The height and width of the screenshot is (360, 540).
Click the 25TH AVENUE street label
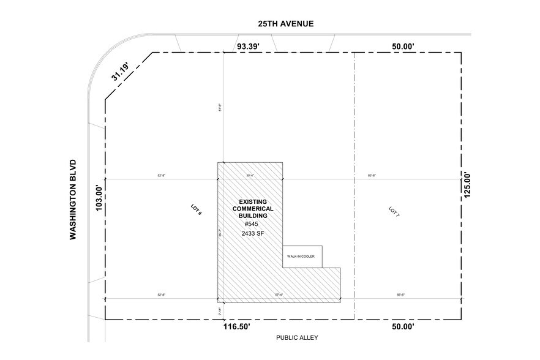tap(285, 24)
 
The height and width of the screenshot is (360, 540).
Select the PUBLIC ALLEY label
tap(297, 337)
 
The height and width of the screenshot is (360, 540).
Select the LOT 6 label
tap(196, 210)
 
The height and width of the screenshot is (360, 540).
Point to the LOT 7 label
tap(394, 212)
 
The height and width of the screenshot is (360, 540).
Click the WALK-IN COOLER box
tap(302, 257)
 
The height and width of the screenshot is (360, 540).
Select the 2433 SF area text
tap(253, 233)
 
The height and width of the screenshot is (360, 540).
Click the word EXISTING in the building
tap(253, 201)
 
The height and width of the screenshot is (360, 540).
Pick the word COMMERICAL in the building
tap(253, 209)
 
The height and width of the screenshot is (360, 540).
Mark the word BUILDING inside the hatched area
tap(253, 216)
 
